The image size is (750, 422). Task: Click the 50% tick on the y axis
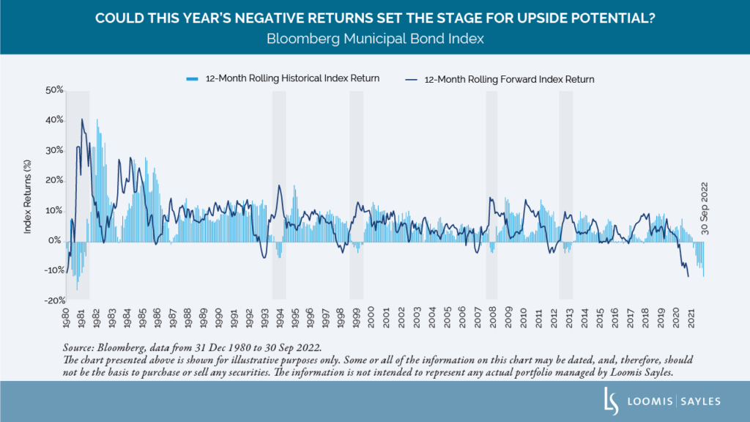[54, 91]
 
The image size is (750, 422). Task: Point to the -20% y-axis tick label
[53, 300]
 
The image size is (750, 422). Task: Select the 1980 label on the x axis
[66, 319]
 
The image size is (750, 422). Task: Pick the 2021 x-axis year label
[691, 319]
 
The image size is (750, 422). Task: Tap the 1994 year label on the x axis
[279, 319]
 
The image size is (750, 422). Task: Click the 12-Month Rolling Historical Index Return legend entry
[283, 78]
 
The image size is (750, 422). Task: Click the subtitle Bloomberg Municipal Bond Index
[375, 39]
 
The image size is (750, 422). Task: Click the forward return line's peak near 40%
[82, 119]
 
